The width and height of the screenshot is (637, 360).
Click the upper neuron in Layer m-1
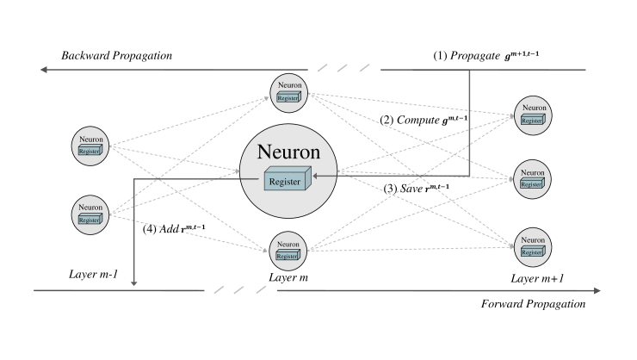89,145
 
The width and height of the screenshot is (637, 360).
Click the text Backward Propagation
117,56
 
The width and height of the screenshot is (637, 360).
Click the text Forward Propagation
533,304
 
